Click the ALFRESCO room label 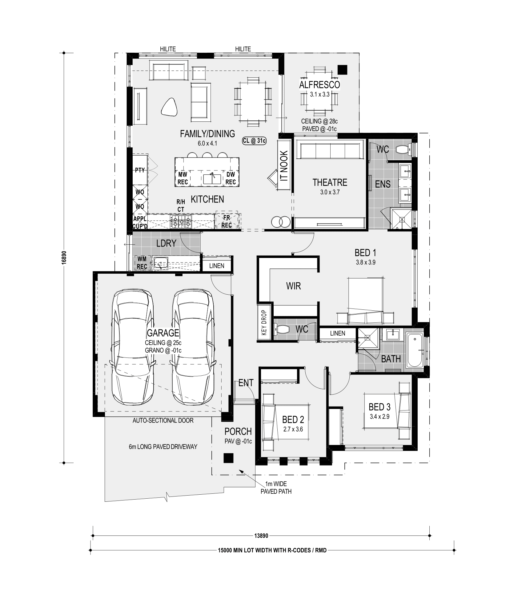pos(319,85)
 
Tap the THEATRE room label pos(330,182)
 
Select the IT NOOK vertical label pos(284,166)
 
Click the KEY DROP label pos(264,322)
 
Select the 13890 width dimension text pos(261,536)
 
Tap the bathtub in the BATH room pos(415,350)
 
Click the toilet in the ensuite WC pos(404,149)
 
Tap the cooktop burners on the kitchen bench pos(181,221)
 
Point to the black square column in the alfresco pos(342,69)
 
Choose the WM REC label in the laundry pos(142,262)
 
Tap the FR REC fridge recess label pos(227,222)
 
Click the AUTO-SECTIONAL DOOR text pos(163,420)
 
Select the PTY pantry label pos(140,170)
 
